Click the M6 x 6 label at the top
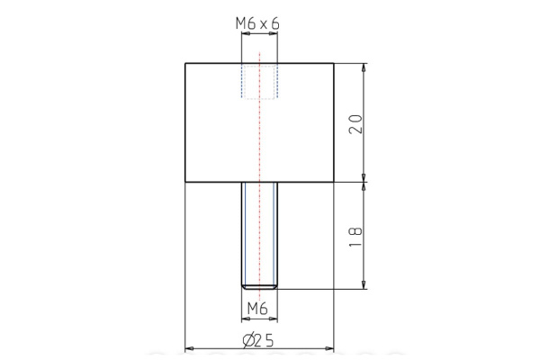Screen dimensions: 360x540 pyautogui.click(x=259, y=25)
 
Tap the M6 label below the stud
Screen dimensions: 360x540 pyautogui.click(x=258, y=310)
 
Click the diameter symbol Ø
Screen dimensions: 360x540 pyautogui.click(x=248, y=339)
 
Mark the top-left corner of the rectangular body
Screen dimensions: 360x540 pyautogui.click(x=185, y=64)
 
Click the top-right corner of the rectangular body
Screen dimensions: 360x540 pyautogui.click(x=335, y=64)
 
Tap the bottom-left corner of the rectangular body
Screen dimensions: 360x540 pyautogui.click(x=185, y=183)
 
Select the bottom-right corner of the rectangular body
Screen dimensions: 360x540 pyautogui.click(x=335, y=183)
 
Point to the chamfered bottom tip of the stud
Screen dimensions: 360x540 pyautogui.click(x=259, y=286)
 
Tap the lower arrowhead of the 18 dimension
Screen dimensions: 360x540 pyautogui.click(x=364, y=285)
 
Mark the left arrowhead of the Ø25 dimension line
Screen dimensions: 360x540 pyautogui.click(x=189, y=347)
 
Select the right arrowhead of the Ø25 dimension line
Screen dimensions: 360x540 pyautogui.click(x=331, y=347)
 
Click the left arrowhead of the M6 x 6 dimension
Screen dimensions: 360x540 pyautogui.click(x=244, y=35)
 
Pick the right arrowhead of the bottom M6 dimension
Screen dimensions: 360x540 pyautogui.click(x=274, y=319)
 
